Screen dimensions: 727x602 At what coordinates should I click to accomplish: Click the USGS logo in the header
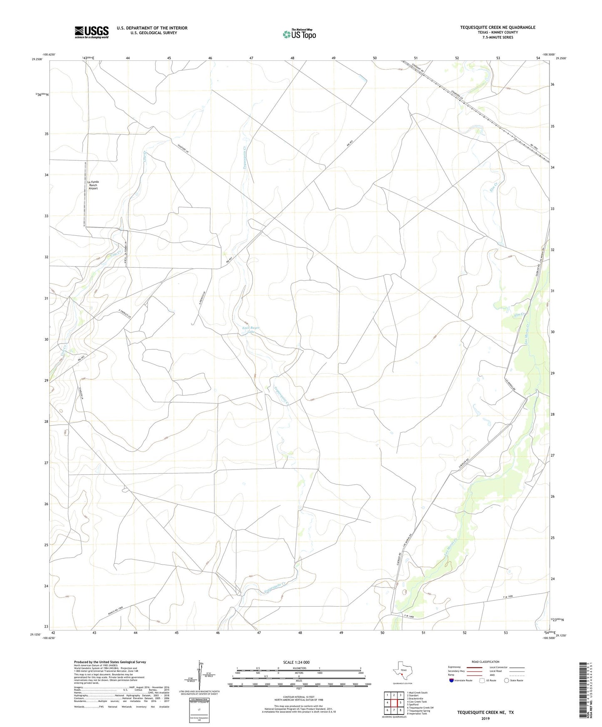tap(92, 32)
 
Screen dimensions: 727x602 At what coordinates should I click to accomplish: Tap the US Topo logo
tap(299, 34)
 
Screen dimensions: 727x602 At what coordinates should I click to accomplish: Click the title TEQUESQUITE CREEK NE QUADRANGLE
tap(497, 27)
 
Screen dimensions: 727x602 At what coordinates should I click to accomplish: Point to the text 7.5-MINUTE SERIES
tap(497, 37)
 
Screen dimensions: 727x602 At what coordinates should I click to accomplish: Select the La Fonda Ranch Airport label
tap(93, 185)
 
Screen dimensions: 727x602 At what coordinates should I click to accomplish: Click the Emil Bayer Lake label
tap(251, 330)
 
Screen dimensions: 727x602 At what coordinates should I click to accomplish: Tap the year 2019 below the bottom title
tap(485, 718)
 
